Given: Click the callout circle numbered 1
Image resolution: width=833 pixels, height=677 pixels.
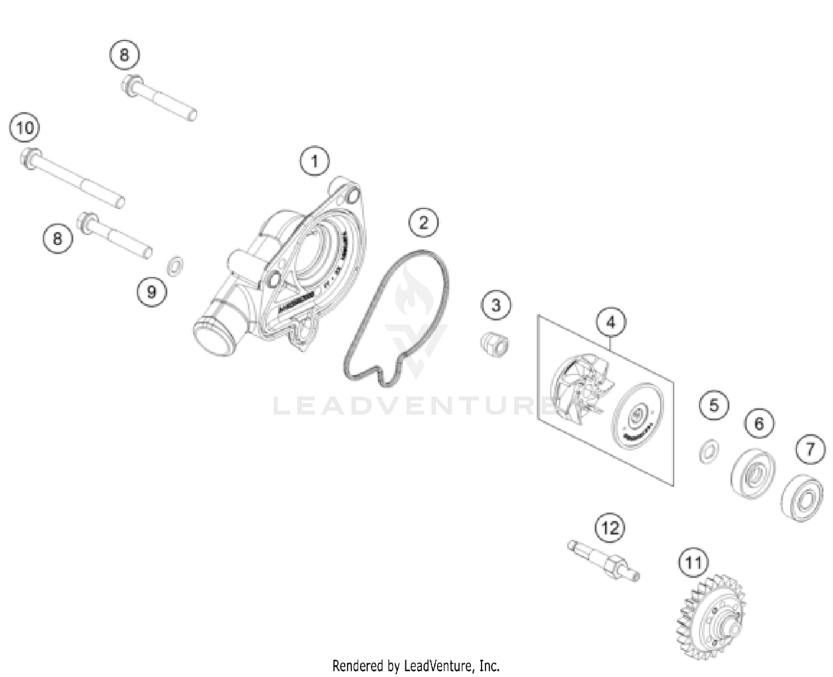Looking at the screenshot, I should [314, 162].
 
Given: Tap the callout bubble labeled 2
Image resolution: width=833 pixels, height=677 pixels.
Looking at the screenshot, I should [423, 223].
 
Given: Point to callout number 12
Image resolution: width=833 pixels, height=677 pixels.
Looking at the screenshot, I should [610, 528].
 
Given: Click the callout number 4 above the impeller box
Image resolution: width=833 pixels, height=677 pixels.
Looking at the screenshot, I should [611, 323].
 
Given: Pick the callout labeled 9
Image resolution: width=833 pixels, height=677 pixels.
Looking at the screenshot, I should [152, 291].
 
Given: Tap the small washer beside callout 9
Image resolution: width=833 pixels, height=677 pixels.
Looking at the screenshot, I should [175, 266].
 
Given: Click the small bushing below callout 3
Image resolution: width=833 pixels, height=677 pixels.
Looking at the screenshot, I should [495, 344].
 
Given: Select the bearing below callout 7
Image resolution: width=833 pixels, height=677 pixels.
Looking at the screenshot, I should [802, 498].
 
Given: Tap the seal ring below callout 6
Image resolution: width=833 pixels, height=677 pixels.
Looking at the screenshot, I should [753, 473].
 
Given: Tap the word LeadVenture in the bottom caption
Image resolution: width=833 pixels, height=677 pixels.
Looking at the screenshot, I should [439, 665].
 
